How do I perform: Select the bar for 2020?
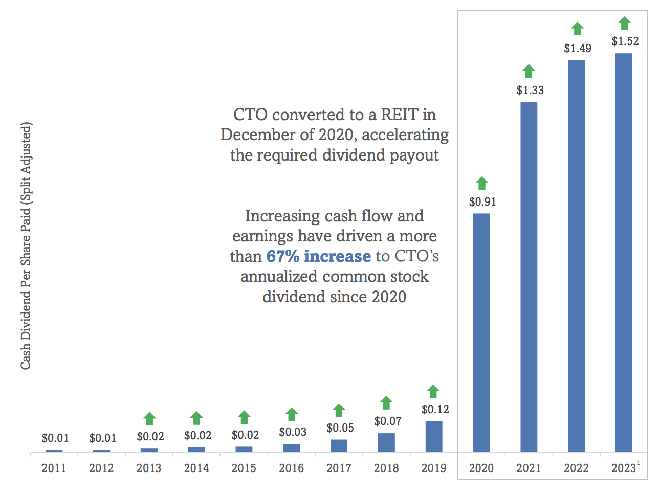coord(481,332)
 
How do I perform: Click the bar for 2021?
coord(529,277)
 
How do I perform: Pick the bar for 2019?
coord(433,436)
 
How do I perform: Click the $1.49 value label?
coord(578,49)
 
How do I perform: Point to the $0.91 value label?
coord(482,202)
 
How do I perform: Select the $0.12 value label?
coord(435,410)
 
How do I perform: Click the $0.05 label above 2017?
coord(340,428)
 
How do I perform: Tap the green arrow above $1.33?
coord(529,71)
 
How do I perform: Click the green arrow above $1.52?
coord(624,23)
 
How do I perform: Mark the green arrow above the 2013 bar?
coord(149,419)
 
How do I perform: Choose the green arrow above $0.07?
coord(386,402)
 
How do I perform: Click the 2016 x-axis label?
coord(291,468)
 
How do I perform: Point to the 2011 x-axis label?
coord(54,468)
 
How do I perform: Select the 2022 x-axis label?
coord(576,468)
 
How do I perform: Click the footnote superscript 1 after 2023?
coord(638,463)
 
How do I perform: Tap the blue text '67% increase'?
coord(318,256)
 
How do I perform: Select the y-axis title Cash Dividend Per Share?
coord(26,245)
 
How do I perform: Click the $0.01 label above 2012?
coord(102,438)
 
